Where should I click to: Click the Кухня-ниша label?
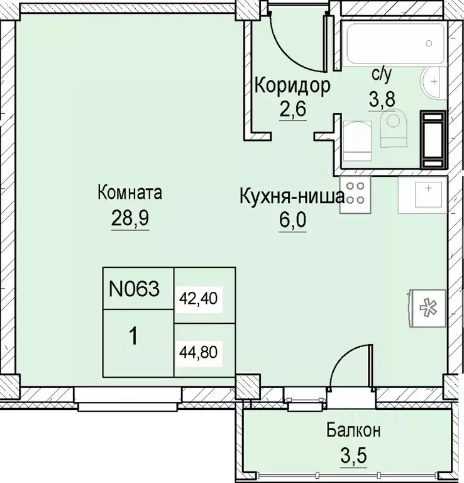point(290,196)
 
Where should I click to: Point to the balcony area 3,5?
point(353,455)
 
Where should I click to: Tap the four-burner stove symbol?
point(356,192)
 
